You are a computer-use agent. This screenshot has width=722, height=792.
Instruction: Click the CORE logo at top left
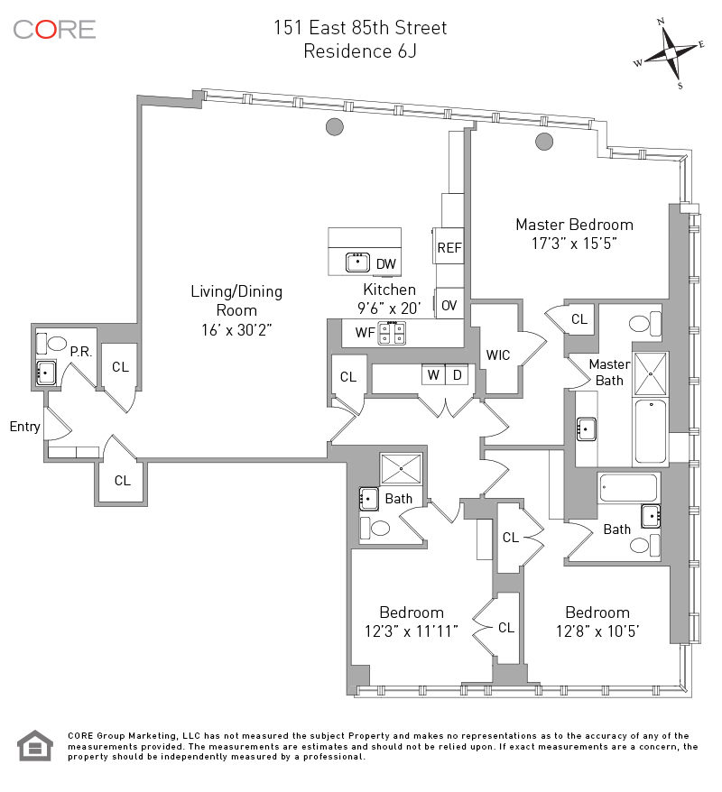[54, 29]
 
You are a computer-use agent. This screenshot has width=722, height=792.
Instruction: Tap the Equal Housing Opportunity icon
[35, 745]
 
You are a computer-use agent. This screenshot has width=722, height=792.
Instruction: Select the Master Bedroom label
[574, 225]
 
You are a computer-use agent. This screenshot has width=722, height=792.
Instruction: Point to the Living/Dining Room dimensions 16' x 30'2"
[236, 330]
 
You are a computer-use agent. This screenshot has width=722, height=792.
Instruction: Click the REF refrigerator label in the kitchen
[449, 247]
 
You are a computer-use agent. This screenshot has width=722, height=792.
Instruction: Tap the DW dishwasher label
[385, 264]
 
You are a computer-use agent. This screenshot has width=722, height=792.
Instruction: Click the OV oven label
[449, 306]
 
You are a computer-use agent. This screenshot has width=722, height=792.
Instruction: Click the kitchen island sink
[356, 262]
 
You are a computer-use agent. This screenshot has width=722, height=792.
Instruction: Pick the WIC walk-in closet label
[498, 355]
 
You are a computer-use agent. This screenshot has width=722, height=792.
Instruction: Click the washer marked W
[433, 374]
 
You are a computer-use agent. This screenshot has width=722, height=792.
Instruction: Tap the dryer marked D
[458, 374]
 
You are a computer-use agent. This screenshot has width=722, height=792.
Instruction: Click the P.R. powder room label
[81, 352]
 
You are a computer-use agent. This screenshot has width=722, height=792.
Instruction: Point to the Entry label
[25, 427]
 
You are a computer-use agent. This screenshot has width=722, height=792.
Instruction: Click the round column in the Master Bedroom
[543, 141]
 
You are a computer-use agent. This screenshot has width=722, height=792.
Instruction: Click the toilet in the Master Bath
[643, 323]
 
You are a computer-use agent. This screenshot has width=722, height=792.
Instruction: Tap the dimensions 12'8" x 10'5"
[597, 631]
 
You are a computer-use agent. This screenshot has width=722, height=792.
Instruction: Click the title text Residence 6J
[360, 51]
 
